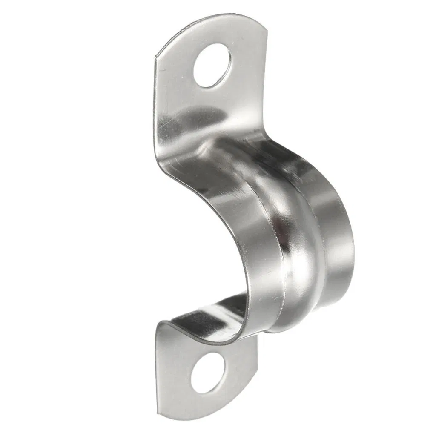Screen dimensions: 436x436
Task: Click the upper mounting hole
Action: [212, 66]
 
